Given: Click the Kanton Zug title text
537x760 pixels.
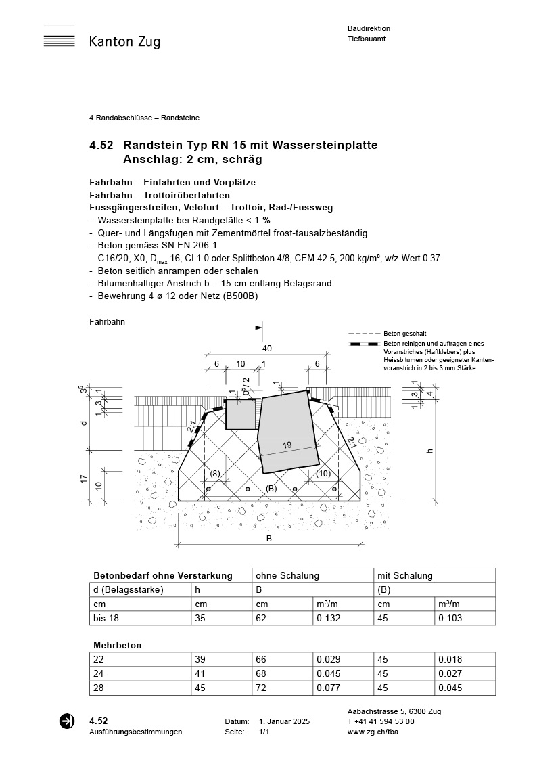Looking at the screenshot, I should pos(124,42).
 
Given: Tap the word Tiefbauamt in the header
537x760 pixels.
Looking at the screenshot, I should pos(366,39).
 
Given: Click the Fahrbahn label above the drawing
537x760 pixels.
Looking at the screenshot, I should pos(107,322).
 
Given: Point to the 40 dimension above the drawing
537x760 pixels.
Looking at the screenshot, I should pos(267,349).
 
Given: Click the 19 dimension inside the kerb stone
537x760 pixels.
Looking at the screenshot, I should pos(287,445).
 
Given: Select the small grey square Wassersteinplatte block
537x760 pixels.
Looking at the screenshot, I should pos(240,414).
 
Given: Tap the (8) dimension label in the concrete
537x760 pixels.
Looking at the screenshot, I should pos(215,473).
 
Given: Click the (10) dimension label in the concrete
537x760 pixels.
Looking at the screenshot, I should pos(323,473).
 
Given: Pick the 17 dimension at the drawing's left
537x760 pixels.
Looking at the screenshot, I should pos(83,478).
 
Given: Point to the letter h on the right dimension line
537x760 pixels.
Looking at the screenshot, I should pos(429,451).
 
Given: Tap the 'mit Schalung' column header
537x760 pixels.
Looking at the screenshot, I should pos(404,575).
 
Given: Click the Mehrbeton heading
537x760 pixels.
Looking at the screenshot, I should pos(117,645).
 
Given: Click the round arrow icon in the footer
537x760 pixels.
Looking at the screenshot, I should pos(67,721).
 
